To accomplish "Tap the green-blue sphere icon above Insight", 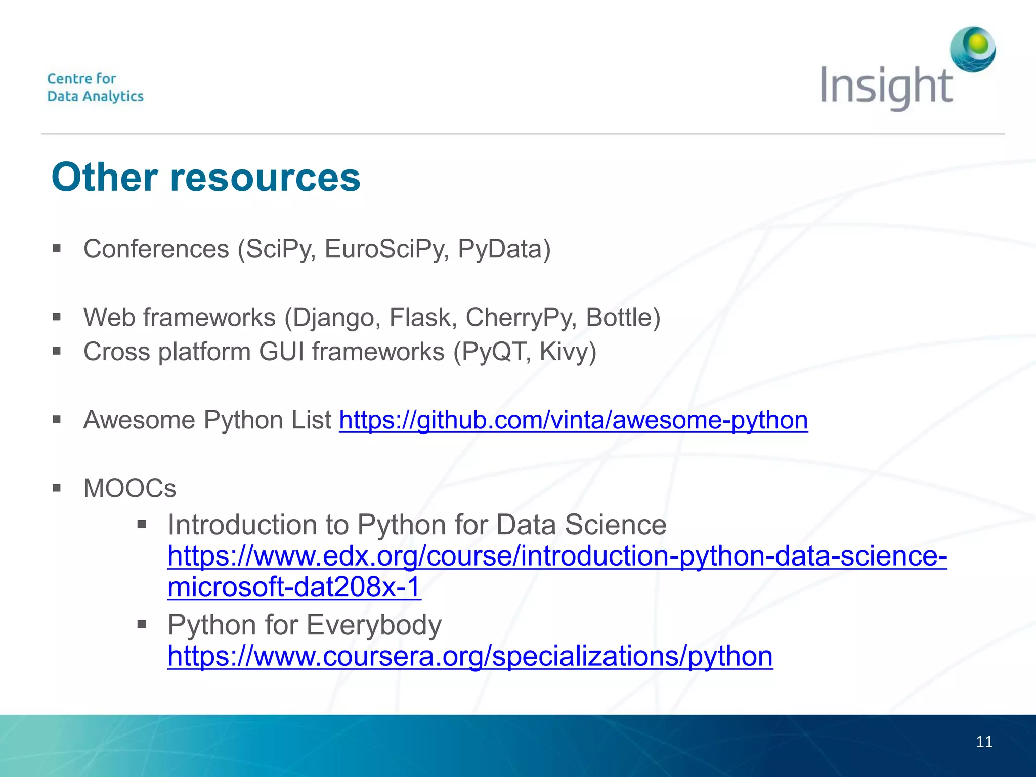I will tap(973, 49).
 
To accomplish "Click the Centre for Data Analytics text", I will tap(95, 88).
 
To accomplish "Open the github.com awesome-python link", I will tap(573, 420).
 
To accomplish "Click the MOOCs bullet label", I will tap(129, 488).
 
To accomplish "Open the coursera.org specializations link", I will tap(470, 656).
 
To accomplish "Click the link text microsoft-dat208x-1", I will tap(294, 587).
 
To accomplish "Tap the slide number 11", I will tap(984, 742).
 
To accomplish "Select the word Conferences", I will tap(156, 249).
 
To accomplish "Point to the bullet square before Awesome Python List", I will tap(57, 419).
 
